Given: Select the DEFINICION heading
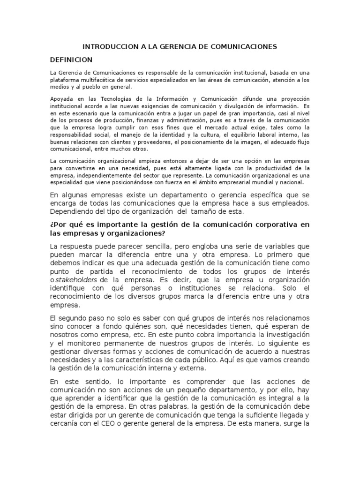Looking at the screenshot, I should pos(71,60).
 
